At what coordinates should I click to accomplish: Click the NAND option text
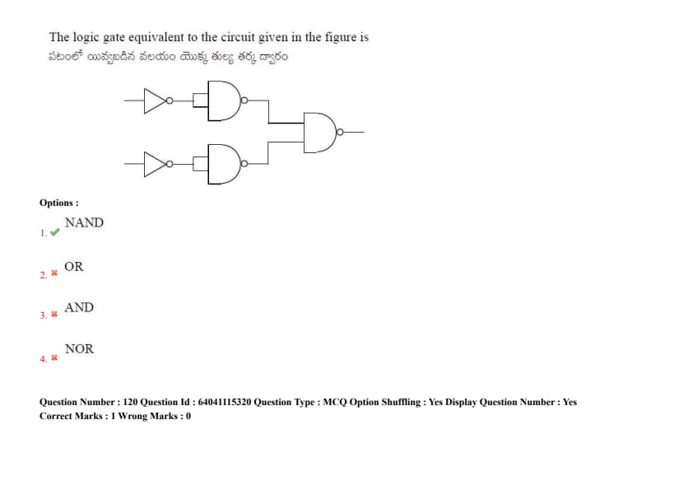pyautogui.click(x=84, y=222)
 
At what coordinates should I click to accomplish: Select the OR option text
pyautogui.click(x=74, y=267)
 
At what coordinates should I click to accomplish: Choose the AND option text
pyautogui.click(x=79, y=307)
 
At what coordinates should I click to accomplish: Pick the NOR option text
pyautogui.click(x=79, y=348)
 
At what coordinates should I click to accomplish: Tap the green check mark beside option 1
pyautogui.click(x=54, y=233)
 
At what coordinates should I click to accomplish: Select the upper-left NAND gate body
pyautogui.click(x=221, y=100)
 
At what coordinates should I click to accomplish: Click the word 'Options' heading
pyautogui.click(x=58, y=203)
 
